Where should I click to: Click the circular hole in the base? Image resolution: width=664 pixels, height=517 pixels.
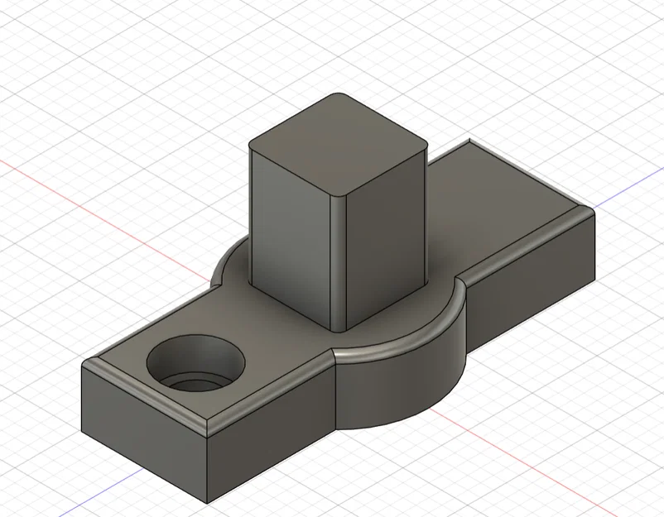pos(197,364)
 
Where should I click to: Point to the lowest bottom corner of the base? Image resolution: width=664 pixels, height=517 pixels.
pos(204,500)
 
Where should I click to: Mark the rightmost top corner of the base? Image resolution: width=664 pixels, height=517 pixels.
pos(594,210)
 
